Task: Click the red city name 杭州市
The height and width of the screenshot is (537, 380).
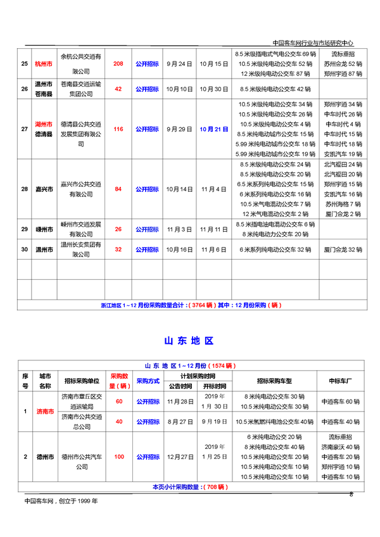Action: pos(44,64)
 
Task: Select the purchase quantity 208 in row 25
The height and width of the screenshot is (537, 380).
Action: pos(118,64)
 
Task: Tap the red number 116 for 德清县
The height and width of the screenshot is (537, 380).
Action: pos(118,129)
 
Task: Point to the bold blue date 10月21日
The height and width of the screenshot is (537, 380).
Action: pos(213,129)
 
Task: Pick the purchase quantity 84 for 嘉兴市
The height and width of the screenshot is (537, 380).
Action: pos(118,189)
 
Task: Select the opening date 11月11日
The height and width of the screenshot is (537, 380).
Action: pos(213,229)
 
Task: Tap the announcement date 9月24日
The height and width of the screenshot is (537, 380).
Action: pos(179,64)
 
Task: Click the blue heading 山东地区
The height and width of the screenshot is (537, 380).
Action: pos(189,341)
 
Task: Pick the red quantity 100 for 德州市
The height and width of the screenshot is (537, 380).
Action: pos(118,456)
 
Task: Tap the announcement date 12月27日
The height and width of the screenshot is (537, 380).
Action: pos(179,456)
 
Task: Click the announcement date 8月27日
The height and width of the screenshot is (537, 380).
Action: pos(179,421)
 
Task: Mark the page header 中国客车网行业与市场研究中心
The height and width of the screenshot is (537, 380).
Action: pos(317,43)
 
